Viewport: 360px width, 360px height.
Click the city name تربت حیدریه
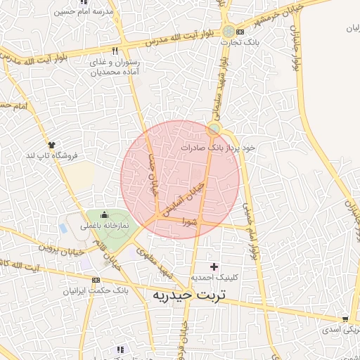pyautogui.click(x=192, y=296)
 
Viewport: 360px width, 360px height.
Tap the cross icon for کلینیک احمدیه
pyautogui.click(x=214, y=266)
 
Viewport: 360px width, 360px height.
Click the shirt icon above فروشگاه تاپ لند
pyautogui.click(x=51, y=144)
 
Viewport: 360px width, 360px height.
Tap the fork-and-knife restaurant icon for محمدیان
pyautogui.click(x=114, y=51)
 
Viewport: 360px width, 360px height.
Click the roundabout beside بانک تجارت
pyautogui.click(x=229, y=31)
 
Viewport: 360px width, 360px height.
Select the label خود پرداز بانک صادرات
pyautogui.click(x=217, y=148)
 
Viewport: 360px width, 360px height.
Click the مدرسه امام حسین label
pyautogui.click(x=58, y=11)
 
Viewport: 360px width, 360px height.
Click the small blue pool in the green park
pyautogui.click(x=64, y=229)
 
